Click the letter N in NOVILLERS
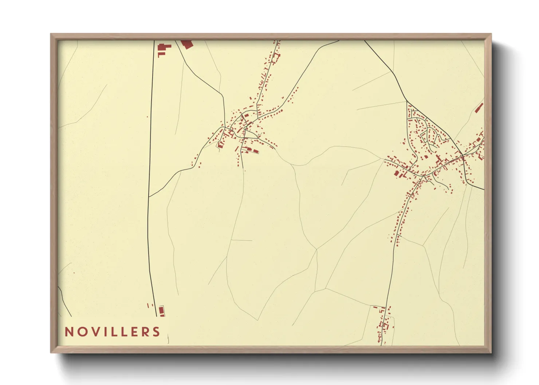coord(69,332)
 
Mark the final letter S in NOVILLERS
coord(157,332)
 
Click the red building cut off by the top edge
coord(186,44)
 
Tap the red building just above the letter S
coord(161,311)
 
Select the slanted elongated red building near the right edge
coord(479,108)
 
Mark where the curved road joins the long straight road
coord(149,197)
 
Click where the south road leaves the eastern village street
coord(422,177)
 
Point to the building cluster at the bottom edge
coord(383,324)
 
